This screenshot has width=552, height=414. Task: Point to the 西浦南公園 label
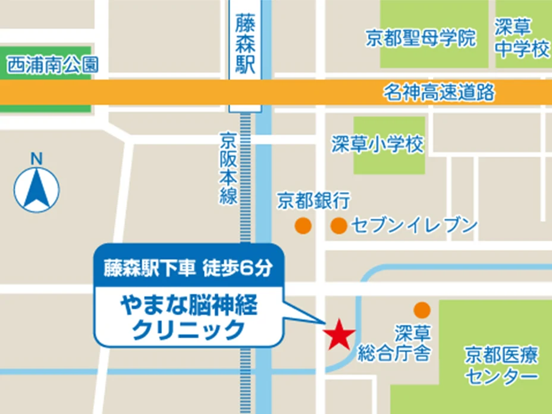52,65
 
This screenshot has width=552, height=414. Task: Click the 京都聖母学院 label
421,39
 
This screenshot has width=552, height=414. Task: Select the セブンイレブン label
414,225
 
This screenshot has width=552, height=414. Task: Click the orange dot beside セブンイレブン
339,225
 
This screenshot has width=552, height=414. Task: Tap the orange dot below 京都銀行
303,225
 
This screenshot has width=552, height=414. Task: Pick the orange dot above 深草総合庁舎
422,309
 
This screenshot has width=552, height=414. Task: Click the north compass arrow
37,189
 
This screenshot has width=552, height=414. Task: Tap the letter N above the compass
37,159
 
